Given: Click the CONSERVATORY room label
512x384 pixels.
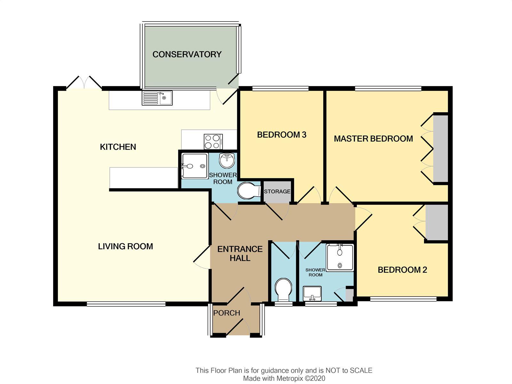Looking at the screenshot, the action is (x=187, y=54).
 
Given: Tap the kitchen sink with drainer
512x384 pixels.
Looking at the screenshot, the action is (x=157, y=98).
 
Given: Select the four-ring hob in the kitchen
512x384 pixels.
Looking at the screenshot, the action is (x=213, y=141).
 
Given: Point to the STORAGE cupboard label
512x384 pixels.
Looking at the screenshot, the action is (x=277, y=191).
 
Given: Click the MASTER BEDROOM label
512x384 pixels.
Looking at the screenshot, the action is (x=373, y=139).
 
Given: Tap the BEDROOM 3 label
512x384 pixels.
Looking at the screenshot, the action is (x=282, y=135).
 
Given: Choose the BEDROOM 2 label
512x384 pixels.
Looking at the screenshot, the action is (x=402, y=270).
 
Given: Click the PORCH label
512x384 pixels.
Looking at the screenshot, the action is (x=227, y=313).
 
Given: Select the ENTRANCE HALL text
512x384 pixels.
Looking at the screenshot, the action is (x=240, y=253).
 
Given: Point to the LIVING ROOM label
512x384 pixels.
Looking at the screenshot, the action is (x=125, y=246).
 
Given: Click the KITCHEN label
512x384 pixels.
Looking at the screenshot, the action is (x=118, y=147).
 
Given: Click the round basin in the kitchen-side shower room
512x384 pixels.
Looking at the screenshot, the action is (x=227, y=160).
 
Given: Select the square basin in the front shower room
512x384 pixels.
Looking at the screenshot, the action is (x=312, y=294).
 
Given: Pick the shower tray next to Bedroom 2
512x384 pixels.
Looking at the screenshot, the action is (x=340, y=258).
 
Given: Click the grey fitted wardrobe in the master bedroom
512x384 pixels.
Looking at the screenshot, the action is (x=441, y=149).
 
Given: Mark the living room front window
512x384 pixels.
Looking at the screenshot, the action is (x=126, y=304).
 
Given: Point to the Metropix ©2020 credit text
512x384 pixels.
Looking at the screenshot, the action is (x=301, y=378).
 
